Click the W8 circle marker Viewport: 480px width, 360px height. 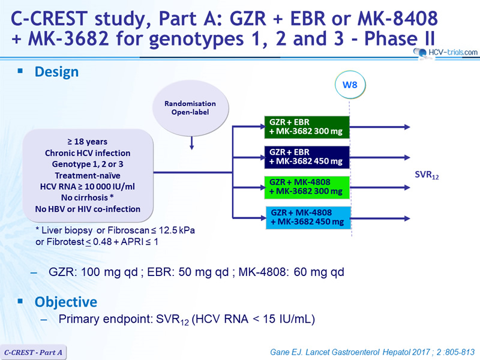[x=350, y=85]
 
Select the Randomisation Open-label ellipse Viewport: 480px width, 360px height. [x=190, y=108]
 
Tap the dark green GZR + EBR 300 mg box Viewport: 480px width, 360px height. [x=307, y=127]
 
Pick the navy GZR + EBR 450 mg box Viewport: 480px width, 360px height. [x=307, y=157]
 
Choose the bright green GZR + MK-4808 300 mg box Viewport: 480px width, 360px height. [x=307, y=187]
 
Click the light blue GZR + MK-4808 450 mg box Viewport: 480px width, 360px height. [x=308, y=218]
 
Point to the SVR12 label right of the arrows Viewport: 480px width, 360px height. [x=427, y=175]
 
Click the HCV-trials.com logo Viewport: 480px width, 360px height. [x=446, y=52]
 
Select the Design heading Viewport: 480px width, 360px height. [x=56, y=72]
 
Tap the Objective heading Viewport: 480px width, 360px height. [x=66, y=302]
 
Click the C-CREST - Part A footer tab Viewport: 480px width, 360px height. [x=33, y=352]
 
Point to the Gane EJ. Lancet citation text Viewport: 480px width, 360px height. [x=372, y=352]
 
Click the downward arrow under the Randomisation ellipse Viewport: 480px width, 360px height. [x=191, y=143]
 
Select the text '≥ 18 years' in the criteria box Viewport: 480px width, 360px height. [x=88, y=142]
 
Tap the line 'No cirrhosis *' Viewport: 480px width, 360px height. [x=88, y=197]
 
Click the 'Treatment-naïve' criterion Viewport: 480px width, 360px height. [x=88, y=175]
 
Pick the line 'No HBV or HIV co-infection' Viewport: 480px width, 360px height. [x=88, y=209]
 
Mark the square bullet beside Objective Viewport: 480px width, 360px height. [x=20, y=301]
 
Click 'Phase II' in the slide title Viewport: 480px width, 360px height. [x=400, y=38]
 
